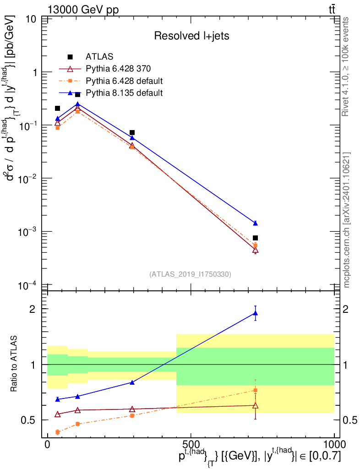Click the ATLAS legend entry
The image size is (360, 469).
coord(90,56)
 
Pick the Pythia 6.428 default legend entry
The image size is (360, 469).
coord(111,81)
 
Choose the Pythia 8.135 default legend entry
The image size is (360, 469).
coord(111,93)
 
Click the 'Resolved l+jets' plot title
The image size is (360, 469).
coord(191,36)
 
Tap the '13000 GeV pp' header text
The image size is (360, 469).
coord(83,10)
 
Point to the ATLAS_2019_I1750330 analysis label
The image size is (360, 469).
coord(190,274)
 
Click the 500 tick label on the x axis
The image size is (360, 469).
coord(191,444)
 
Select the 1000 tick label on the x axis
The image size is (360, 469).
coord(334,444)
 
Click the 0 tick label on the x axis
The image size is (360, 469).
coord(48,444)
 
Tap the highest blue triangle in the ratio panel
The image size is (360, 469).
coord(256,313)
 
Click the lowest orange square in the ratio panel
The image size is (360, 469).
coord(58,432)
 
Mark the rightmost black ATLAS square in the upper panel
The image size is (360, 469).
coord(256,238)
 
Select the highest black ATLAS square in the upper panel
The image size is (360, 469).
coord(77,94)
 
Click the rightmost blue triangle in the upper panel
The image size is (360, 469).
coord(256,223)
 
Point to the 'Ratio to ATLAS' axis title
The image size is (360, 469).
coord(13,364)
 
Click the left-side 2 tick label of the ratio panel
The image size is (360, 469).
coord(32,309)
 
